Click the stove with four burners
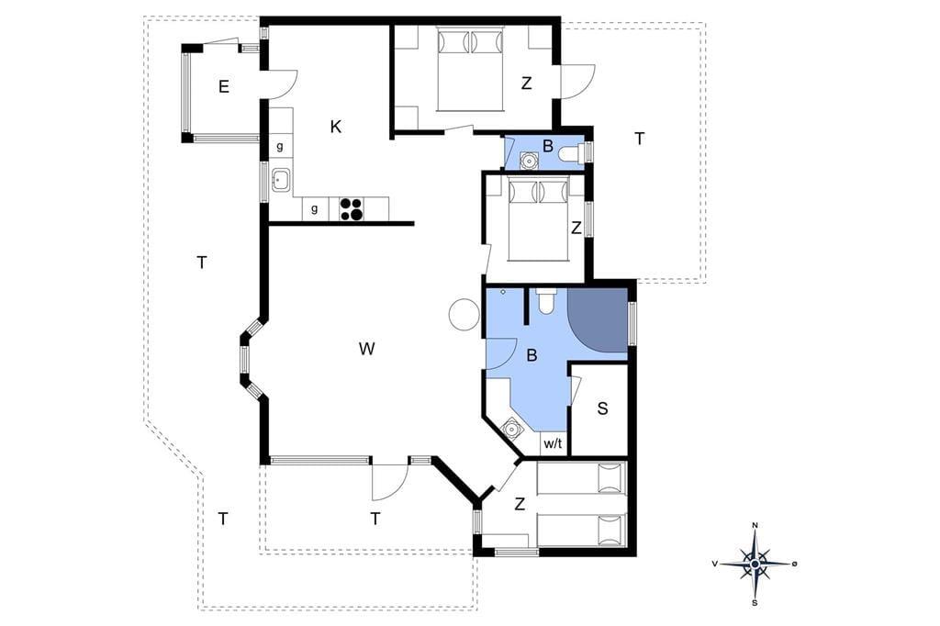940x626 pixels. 352,208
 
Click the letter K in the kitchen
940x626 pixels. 336,127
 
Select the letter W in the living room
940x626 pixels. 366,349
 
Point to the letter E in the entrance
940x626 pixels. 224,87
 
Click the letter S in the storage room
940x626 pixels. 602,408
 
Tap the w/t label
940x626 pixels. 553,444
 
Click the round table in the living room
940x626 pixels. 464,314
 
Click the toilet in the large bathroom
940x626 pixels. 546,302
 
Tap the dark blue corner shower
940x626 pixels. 597,319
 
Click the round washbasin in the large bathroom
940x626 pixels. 511,430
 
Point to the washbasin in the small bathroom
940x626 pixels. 529,161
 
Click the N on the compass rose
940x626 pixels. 755,526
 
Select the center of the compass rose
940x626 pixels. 755,565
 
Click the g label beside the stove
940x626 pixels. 314,209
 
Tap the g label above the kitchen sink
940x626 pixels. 279,147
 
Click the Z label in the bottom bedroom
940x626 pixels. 520,504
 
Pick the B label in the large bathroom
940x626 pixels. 532,355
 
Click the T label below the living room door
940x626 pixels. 375,519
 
